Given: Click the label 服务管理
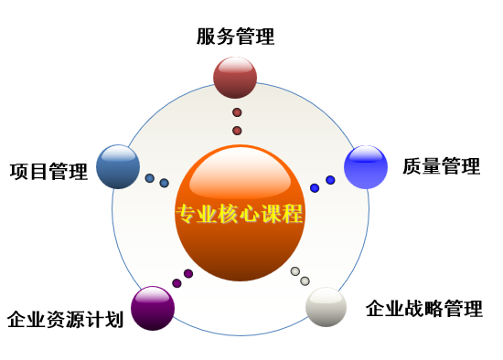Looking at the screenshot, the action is (x=235, y=37).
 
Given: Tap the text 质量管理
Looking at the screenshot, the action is (x=442, y=166).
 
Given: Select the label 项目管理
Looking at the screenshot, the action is (x=48, y=172).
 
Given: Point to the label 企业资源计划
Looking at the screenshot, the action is (x=66, y=319).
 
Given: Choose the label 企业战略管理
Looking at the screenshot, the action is (x=424, y=309).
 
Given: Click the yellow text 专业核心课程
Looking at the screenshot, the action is (x=240, y=214).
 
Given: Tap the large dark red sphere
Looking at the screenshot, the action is (x=235, y=78).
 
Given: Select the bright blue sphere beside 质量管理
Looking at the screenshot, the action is (x=366, y=167).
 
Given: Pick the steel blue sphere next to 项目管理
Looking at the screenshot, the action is (x=118, y=166).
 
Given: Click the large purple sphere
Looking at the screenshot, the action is (x=153, y=308).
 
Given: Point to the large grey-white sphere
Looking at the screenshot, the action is (x=326, y=307).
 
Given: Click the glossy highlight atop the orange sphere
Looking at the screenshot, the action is (x=240, y=175).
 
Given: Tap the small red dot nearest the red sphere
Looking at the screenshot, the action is (x=237, y=112).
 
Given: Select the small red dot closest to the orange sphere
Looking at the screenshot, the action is (x=237, y=131).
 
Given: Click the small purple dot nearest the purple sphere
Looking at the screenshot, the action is (x=177, y=283).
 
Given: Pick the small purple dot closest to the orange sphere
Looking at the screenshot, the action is (x=188, y=274).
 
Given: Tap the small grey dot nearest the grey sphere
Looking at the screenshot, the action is (x=305, y=281).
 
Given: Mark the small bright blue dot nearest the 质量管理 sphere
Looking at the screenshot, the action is (x=330, y=180).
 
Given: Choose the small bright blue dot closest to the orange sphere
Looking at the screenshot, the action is (x=315, y=188).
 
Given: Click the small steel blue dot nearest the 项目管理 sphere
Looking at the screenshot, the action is (x=150, y=178).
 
